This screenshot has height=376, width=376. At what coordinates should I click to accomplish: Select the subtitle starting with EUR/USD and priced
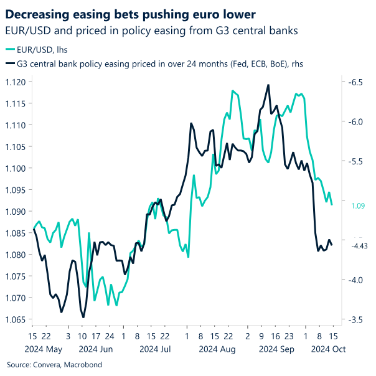pos(153,29)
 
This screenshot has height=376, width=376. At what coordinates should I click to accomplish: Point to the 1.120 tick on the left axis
pos(16,82)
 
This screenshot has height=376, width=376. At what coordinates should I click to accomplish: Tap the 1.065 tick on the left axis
pos(16,319)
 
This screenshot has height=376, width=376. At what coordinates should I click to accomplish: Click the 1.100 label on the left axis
pos(16,169)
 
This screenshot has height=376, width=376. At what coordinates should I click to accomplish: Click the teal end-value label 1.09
pos(357,205)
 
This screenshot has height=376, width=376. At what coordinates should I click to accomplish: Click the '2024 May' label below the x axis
pos(45,350)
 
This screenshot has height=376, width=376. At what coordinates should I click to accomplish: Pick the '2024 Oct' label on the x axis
pos(327,350)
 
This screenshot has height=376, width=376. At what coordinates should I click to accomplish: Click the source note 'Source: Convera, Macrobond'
pos(54,365)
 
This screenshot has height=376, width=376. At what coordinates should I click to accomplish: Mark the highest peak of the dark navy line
pos(268,85)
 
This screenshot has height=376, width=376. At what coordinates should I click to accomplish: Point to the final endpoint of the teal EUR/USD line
pos(332,205)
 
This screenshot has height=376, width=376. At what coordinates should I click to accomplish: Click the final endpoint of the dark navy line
pos(332,245)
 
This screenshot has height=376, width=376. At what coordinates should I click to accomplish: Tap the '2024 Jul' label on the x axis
pos(156,350)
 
